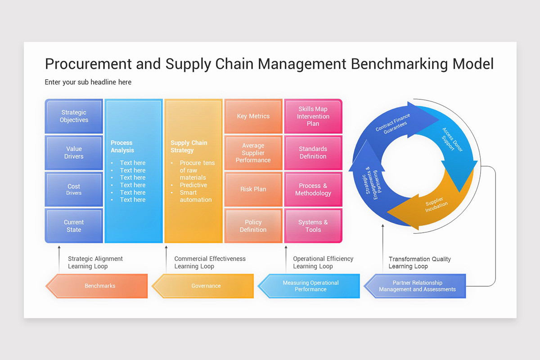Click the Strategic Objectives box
click(74, 116)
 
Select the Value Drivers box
click(74, 153)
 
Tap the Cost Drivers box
click(74, 189)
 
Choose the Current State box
click(74, 226)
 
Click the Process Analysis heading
click(122, 147)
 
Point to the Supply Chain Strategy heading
click(189, 147)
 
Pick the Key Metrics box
click(253, 116)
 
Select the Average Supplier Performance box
click(253, 153)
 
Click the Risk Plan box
click(253, 189)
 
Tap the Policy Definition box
click(253, 226)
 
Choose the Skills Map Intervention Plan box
click(313, 116)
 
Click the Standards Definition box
click(313, 153)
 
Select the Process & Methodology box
click(313, 189)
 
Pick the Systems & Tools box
click(313, 226)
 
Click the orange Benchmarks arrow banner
click(99, 286)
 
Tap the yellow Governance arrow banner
click(206, 286)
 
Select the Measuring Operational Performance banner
click(310, 286)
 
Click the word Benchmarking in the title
click(399, 64)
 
